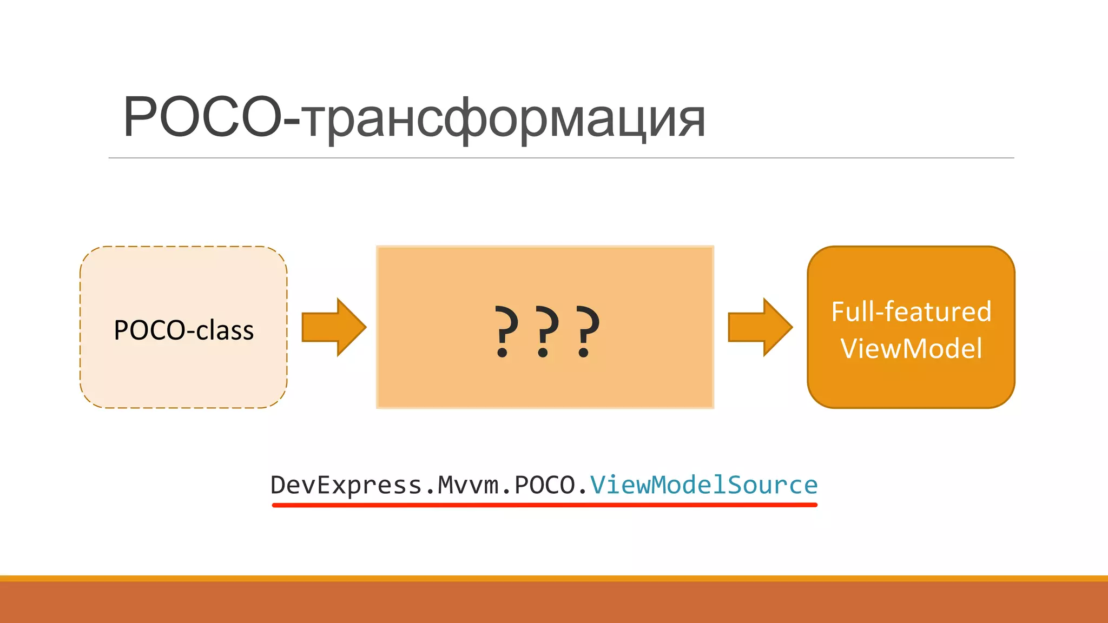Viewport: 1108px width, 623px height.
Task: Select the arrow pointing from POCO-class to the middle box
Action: click(333, 327)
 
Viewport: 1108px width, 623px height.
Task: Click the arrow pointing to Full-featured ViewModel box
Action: click(760, 327)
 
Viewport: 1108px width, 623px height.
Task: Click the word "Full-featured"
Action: click(911, 311)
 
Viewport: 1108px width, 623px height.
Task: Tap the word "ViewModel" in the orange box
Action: click(911, 348)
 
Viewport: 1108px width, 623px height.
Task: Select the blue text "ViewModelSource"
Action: click(703, 485)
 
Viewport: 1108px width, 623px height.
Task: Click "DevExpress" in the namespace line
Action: click(346, 485)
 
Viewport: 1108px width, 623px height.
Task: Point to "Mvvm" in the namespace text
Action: click(468, 485)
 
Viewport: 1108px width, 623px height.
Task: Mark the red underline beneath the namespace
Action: click(544, 505)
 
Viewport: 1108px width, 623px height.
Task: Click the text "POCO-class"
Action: click(183, 330)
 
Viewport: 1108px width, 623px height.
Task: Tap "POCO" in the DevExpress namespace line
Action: click(544, 485)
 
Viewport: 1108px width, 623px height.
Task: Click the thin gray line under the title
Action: click(561, 158)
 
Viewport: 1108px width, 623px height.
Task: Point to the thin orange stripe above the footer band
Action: click(554, 578)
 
